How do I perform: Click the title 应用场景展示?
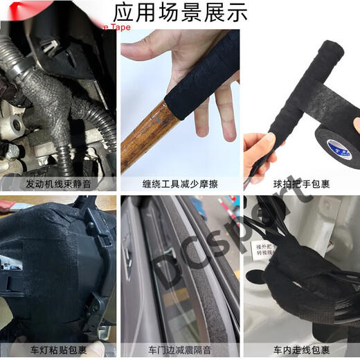pos(179,12)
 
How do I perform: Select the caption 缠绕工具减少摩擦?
pos(179,184)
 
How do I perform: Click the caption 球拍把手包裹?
pos(301,184)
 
